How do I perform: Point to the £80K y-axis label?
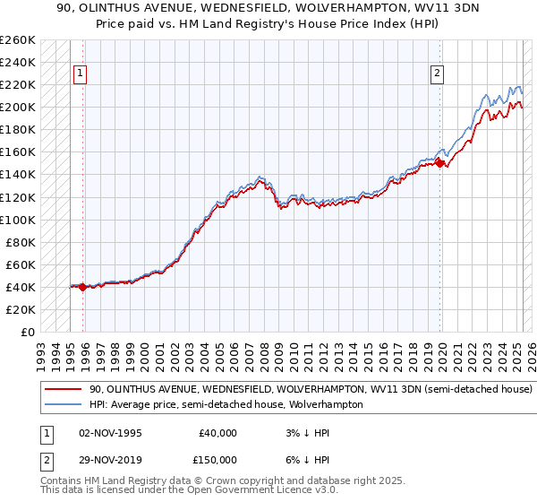(21, 242)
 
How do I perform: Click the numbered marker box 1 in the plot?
(81, 74)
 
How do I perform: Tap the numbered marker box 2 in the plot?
(438, 74)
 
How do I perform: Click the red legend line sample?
(64, 390)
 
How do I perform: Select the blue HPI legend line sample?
(64, 404)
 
